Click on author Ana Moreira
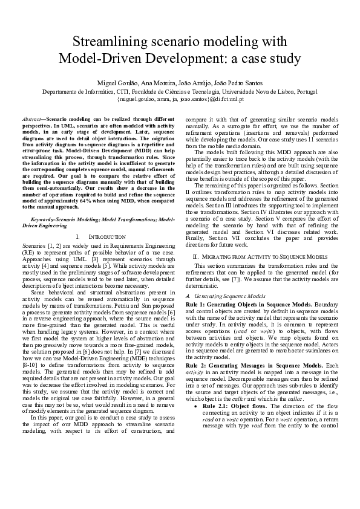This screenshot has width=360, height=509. pyautogui.click(x=159, y=82)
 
